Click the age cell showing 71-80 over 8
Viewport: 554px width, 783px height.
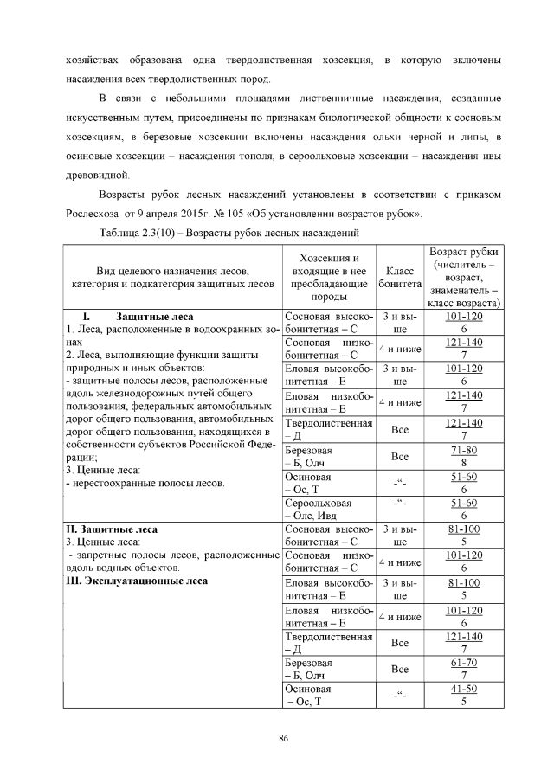pyautogui.click(x=464, y=456)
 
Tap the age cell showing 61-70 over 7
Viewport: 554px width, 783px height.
pyautogui.click(x=464, y=668)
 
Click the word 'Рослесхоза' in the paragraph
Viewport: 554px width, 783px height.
pyautogui.click(x=94, y=213)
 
